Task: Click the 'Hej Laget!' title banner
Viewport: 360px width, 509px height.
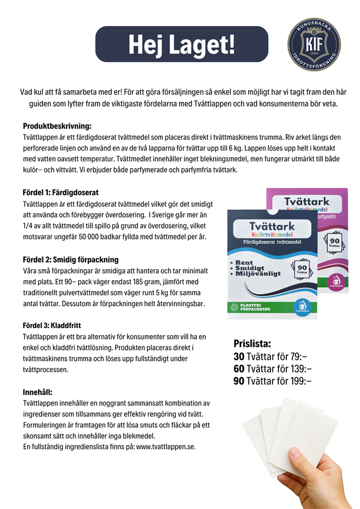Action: (181, 44)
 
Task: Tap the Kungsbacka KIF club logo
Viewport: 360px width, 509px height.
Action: (314, 45)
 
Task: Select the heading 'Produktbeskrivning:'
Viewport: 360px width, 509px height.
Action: (57, 126)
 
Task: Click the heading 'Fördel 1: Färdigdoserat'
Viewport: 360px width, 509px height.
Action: (60, 192)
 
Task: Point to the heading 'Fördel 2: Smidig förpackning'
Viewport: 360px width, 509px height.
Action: (71, 260)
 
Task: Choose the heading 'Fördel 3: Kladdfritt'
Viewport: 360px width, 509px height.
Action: (51, 325)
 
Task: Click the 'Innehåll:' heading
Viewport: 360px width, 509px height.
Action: (37, 392)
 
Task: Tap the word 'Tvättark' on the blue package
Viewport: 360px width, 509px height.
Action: (272, 226)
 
